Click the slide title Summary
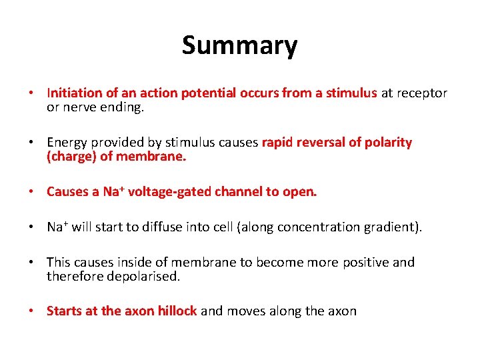(239, 46)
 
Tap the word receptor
(422, 93)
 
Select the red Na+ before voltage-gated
(113, 192)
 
